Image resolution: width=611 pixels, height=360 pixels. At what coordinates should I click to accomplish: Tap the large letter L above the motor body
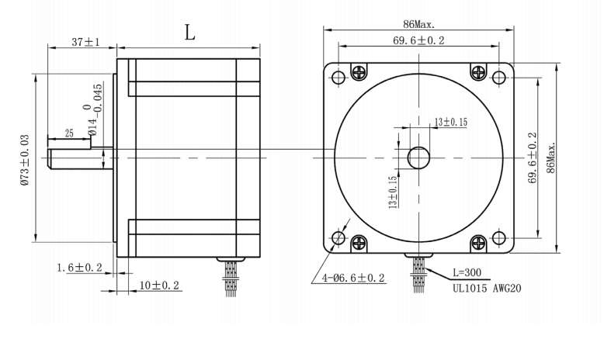189,33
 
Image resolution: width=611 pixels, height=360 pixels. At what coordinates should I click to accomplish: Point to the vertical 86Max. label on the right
550,158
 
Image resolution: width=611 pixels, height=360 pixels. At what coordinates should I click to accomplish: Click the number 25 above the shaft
69,133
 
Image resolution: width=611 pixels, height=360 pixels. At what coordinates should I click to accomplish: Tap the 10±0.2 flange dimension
159,286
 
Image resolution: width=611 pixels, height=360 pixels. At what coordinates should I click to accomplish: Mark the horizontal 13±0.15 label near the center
450,122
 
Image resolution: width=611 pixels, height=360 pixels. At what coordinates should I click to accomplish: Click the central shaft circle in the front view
418,157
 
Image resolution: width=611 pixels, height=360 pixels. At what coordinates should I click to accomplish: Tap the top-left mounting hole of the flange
338,78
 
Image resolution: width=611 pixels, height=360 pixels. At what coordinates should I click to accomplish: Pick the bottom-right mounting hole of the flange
498,237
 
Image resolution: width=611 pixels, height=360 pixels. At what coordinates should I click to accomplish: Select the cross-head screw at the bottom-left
359,242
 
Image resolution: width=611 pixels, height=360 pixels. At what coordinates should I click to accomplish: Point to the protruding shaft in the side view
75,157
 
